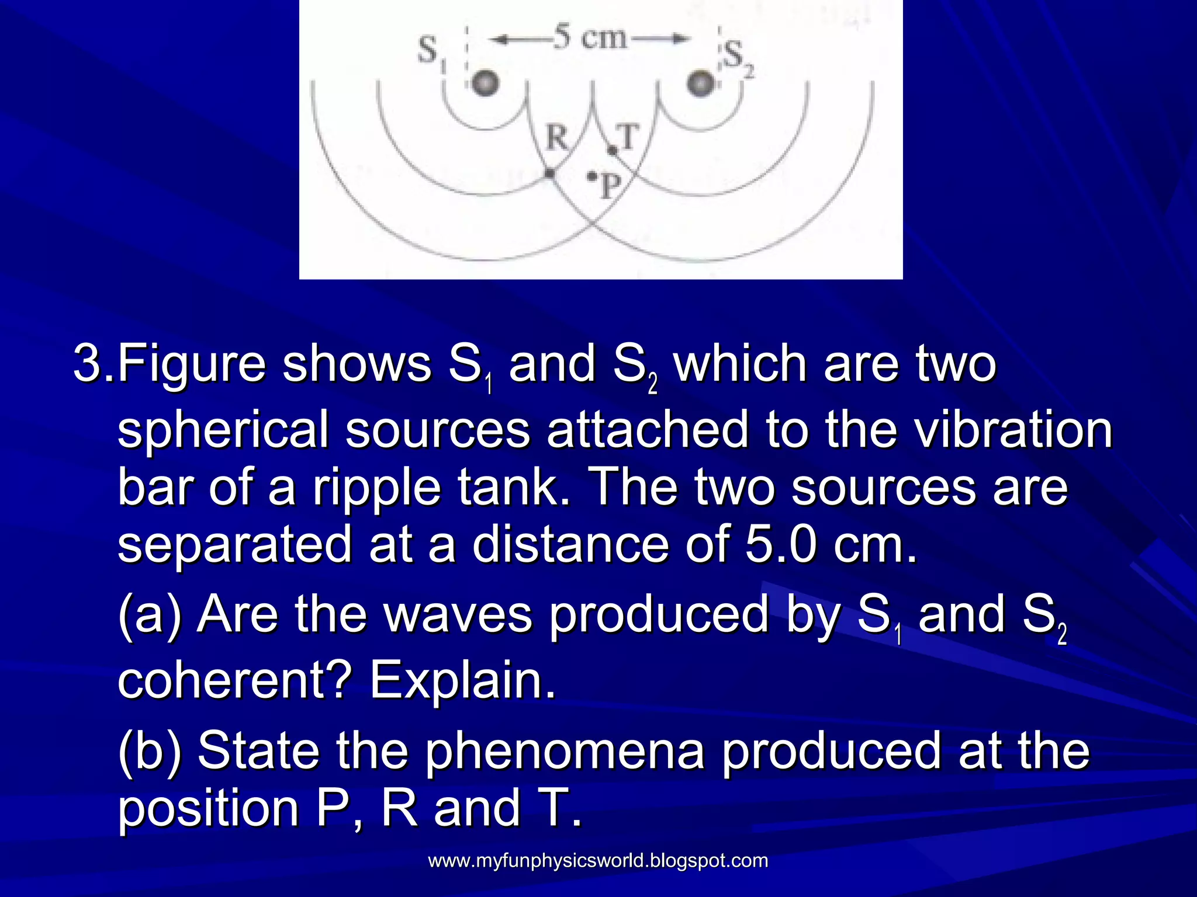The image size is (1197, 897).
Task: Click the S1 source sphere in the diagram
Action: click(x=485, y=83)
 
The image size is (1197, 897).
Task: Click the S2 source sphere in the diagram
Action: click(x=700, y=83)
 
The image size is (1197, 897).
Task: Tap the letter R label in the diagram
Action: click(x=556, y=138)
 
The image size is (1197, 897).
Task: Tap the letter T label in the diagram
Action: click(x=628, y=138)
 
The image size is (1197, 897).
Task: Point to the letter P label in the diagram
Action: click(x=610, y=187)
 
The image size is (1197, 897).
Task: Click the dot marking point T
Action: click(x=612, y=151)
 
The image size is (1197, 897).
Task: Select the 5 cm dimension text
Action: click(x=589, y=38)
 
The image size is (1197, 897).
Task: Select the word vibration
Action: click(x=1012, y=430)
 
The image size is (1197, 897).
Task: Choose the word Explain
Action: click(x=462, y=680)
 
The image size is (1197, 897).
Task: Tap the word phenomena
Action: click(x=565, y=751)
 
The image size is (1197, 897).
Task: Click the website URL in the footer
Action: click(x=598, y=860)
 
